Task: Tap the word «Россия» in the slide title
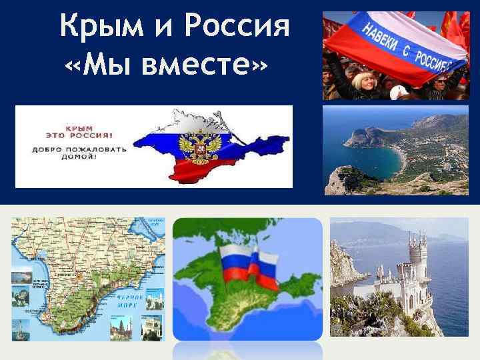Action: [x=238, y=28]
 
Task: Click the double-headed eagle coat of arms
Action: [x=199, y=147]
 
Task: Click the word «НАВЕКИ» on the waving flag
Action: [x=383, y=30]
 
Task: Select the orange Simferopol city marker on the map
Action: [x=79, y=275]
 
